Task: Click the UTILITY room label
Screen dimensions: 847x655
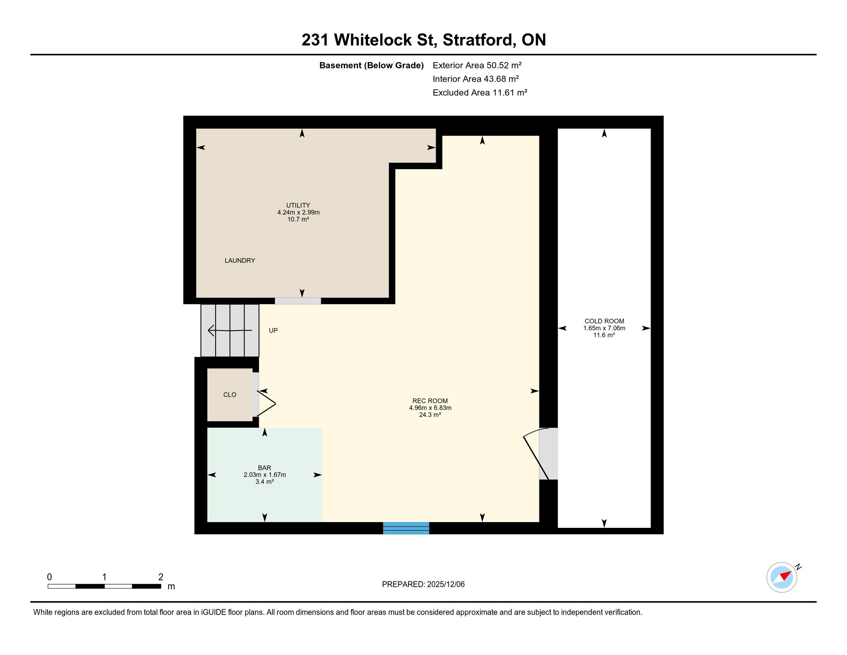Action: coord(298,205)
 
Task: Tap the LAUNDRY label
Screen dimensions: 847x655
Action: coord(240,260)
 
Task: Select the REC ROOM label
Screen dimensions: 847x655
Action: coord(430,401)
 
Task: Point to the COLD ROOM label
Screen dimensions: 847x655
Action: coord(604,321)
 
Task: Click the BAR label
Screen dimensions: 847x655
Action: coord(264,468)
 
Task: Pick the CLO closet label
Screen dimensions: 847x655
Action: coord(229,395)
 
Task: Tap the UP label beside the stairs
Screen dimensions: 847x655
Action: coord(273,331)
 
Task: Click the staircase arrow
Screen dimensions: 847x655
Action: coord(230,331)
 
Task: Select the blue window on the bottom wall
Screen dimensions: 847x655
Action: coord(406,528)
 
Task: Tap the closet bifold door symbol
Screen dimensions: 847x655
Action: coord(266,403)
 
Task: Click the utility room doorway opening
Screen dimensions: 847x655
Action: coord(298,301)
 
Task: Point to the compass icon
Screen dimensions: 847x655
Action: coord(782,578)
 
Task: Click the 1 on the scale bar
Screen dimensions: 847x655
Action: coord(104,577)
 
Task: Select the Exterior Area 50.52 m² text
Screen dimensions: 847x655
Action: coord(477,65)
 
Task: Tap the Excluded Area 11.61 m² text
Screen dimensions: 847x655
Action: coord(480,92)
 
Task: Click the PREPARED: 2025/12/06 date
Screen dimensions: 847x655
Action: coord(423,584)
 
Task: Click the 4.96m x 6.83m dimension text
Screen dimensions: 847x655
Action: coord(430,408)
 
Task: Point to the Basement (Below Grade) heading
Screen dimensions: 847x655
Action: coord(371,65)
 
